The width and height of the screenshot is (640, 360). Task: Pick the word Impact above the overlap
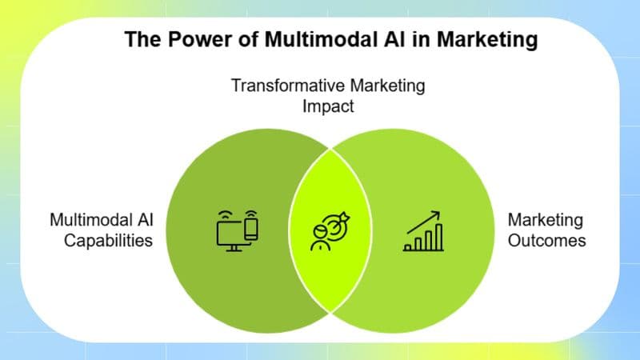[328, 106]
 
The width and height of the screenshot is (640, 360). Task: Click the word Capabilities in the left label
[102, 239]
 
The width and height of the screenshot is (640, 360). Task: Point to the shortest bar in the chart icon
[409, 246]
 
